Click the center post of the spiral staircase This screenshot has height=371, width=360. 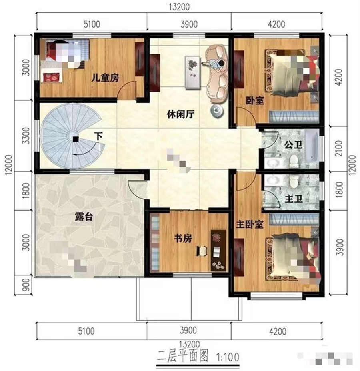point(75,139)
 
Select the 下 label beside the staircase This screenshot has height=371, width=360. point(98,136)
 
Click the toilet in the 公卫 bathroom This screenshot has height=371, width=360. point(294,161)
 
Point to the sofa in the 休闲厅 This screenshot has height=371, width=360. point(216,72)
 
